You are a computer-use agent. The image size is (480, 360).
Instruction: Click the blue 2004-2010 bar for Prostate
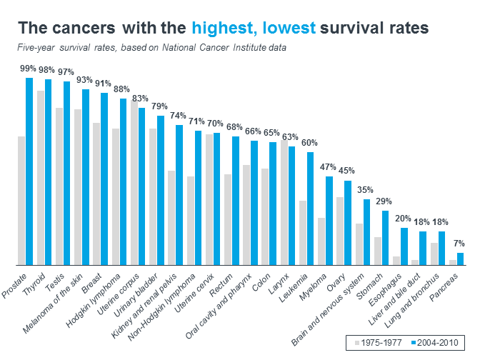click(x=29, y=171)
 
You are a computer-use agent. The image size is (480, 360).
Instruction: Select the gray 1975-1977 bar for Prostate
click(x=21, y=200)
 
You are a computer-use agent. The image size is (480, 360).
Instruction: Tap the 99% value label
click(x=28, y=69)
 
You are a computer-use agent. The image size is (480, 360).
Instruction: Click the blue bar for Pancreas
click(x=460, y=259)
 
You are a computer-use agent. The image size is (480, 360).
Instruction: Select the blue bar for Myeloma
click(x=329, y=221)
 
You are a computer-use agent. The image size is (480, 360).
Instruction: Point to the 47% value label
click(x=327, y=167)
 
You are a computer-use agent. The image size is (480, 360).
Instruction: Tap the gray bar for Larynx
click(x=284, y=202)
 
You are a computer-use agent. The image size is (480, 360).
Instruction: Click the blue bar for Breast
click(x=104, y=179)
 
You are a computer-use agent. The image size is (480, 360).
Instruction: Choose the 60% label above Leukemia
click(x=309, y=143)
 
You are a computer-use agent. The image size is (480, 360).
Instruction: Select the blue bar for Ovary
click(x=348, y=222)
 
